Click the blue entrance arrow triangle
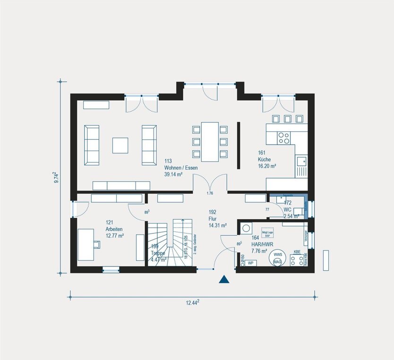[224, 279]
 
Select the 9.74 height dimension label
[55, 177]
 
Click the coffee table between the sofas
[120, 145]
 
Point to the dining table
[210, 141]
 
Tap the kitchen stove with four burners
[284, 137]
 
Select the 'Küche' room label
[265, 159]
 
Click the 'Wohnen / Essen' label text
[181, 168]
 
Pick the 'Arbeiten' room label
[114, 229]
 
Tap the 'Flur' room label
[214, 219]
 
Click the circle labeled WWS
[277, 256]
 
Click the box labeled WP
[251, 263]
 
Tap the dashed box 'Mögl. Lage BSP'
[268, 233]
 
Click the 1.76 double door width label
[210, 194]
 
